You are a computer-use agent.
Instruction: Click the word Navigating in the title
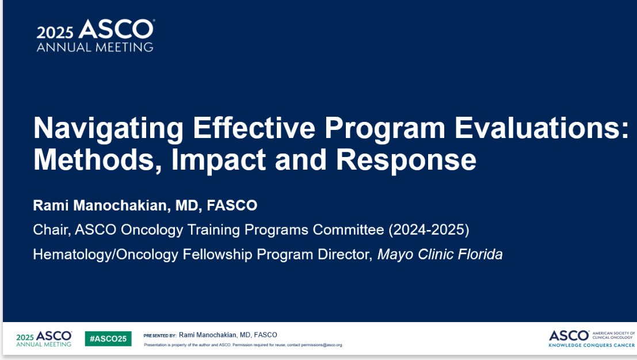click(109, 129)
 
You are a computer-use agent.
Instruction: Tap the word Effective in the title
click(254, 128)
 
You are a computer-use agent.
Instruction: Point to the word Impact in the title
click(219, 160)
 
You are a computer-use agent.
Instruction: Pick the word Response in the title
click(406, 160)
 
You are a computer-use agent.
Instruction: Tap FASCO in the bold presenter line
click(232, 205)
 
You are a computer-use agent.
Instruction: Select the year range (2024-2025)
click(429, 229)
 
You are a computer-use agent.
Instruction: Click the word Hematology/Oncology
click(106, 255)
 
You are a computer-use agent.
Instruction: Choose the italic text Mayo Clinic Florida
click(440, 255)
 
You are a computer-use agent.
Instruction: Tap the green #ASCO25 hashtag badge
click(108, 339)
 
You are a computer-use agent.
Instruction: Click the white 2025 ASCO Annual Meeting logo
click(96, 35)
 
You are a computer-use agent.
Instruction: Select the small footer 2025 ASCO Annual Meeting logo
click(44, 339)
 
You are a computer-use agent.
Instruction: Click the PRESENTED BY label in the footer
click(160, 336)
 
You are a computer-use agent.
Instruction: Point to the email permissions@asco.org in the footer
click(322, 345)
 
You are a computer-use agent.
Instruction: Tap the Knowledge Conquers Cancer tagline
click(592, 346)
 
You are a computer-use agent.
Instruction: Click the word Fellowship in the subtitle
click(218, 255)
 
